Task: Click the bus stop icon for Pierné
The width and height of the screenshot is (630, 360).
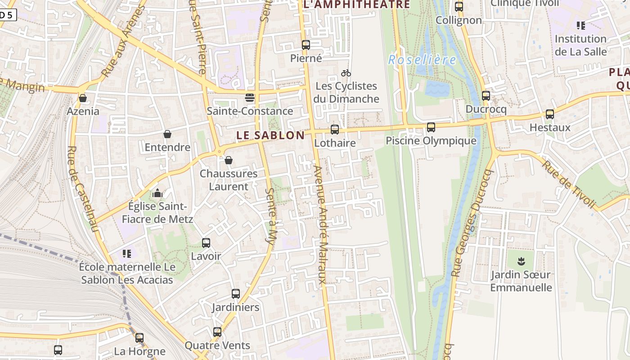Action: tap(306, 45)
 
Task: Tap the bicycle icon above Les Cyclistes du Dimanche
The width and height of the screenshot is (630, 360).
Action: tap(346, 73)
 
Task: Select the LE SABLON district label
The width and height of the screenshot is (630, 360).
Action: tap(270, 135)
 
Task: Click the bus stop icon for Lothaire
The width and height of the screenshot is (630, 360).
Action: tap(335, 130)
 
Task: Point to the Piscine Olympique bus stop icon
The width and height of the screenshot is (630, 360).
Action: tap(431, 127)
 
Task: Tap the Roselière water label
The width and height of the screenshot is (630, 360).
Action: tap(422, 60)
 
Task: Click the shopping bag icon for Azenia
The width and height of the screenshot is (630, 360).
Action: tap(83, 98)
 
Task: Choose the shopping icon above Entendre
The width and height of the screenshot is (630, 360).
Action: tap(167, 134)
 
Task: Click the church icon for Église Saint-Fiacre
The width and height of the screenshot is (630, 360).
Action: tap(157, 193)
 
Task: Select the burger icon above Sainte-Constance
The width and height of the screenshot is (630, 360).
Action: tap(250, 98)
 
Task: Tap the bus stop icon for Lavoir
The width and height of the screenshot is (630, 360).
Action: tap(206, 243)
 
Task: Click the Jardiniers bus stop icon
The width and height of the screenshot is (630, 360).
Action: tap(236, 294)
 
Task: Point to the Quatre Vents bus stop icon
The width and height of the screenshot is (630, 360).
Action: tap(217, 332)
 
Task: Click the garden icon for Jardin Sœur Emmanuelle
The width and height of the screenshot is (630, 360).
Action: tap(521, 261)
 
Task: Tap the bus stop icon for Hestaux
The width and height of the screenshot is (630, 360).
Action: tap(550, 114)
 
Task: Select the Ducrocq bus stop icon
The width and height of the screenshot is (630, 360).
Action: tap(486, 96)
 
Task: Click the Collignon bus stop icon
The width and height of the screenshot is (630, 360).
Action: tap(459, 7)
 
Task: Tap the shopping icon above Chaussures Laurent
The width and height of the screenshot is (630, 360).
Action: tap(229, 160)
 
